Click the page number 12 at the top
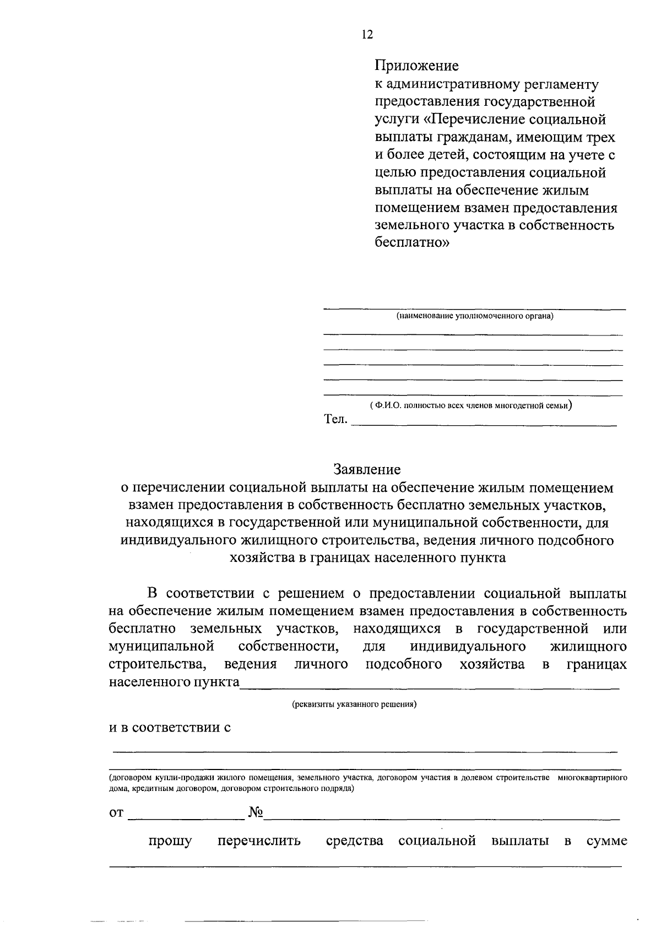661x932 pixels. [367, 34]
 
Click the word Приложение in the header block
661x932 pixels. [416, 66]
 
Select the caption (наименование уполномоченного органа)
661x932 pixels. [474, 316]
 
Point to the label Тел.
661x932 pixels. [335, 420]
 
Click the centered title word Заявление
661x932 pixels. [366, 469]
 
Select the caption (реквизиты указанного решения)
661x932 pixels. [354, 704]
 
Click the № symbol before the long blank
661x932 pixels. [254, 812]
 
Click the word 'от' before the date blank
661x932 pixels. [116, 814]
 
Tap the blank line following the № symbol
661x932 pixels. [441, 817]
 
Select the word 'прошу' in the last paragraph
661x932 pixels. [170, 841]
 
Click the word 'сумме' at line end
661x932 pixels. [606, 841]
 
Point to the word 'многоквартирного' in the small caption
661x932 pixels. [592, 778]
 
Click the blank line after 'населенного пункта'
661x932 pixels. [430, 686]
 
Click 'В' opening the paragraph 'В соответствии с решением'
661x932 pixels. [153, 593]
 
